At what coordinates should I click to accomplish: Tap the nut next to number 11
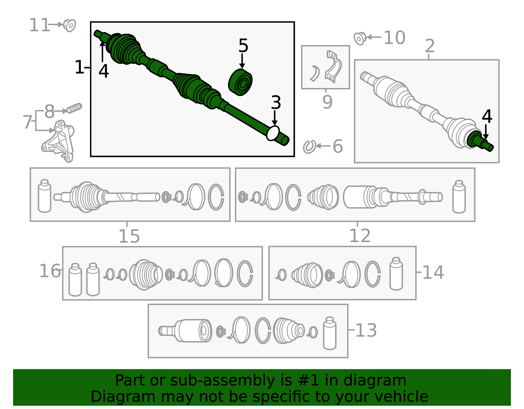[x=69, y=25]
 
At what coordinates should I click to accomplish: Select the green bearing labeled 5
[x=240, y=83]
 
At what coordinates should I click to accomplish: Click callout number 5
[x=243, y=46]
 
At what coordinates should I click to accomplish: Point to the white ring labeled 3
[x=273, y=133]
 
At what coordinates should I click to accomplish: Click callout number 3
[x=276, y=103]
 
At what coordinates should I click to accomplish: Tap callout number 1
[x=79, y=67]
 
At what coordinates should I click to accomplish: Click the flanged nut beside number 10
[x=360, y=38]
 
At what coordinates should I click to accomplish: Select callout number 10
[x=394, y=38]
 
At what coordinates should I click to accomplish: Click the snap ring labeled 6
[x=309, y=146]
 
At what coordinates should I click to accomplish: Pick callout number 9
[x=327, y=102]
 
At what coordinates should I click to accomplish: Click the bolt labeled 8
[x=74, y=108]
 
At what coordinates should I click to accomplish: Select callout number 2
[x=430, y=46]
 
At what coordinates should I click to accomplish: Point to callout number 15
[x=129, y=236]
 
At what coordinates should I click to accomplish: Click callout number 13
[x=366, y=330]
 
